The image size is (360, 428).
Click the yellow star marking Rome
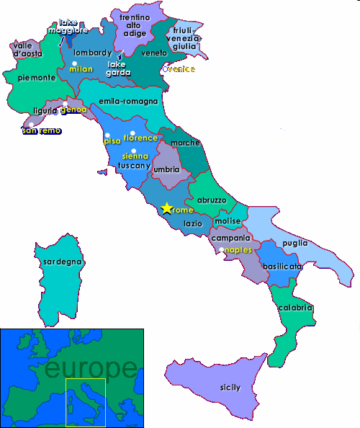[166, 208]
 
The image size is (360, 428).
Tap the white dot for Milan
[74, 63]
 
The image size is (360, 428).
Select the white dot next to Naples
[222, 249]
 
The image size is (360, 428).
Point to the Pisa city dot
[107, 135]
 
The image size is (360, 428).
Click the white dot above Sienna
[133, 150]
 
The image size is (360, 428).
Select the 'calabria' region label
[294, 308]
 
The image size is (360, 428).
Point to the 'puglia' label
[295, 243]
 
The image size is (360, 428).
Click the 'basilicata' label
[282, 266]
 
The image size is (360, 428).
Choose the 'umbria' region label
[166, 169]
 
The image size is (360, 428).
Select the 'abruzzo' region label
[212, 200]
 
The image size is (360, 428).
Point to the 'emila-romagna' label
[128, 101]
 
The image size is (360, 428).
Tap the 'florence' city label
[140, 138]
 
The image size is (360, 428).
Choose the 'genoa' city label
[73, 110]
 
